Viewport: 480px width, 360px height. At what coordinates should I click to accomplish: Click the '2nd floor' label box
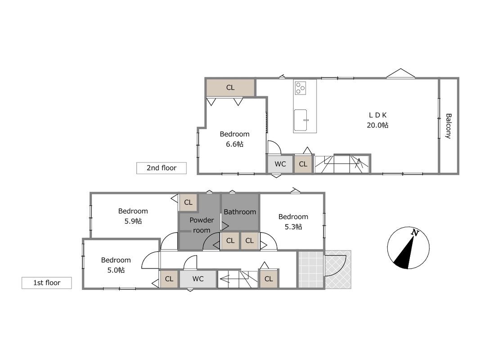[x=161, y=168]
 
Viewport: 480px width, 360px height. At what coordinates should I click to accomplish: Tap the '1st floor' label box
[x=46, y=283]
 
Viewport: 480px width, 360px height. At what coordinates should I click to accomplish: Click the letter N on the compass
[x=415, y=233]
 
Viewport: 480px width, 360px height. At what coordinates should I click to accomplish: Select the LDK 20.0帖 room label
[x=377, y=120]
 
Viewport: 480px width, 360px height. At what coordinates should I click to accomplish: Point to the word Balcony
[x=449, y=126]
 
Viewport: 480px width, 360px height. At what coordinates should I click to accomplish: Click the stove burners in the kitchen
[x=301, y=88]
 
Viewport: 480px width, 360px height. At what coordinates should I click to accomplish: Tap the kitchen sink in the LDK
[x=301, y=120]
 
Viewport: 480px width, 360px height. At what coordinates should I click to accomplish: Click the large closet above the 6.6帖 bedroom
[x=230, y=88]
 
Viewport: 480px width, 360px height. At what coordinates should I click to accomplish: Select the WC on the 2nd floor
[x=280, y=164]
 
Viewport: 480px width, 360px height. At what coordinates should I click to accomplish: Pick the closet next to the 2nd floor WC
[x=303, y=164]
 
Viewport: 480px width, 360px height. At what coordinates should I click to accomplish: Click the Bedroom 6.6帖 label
[x=234, y=139]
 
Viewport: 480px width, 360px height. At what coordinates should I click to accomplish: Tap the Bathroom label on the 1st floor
[x=240, y=212]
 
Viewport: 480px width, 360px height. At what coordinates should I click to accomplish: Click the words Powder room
[x=202, y=225]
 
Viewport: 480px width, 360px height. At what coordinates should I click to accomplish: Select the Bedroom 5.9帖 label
[x=133, y=216]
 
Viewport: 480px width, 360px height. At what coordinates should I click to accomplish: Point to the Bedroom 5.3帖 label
[x=293, y=222]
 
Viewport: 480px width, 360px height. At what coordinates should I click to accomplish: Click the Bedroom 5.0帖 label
[x=116, y=265]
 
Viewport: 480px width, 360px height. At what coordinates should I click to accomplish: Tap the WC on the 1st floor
[x=198, y=279]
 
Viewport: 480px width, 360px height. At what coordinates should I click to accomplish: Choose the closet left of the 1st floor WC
[x=169, y=279]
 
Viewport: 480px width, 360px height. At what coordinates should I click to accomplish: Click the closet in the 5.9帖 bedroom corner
[x=188, y=202]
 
